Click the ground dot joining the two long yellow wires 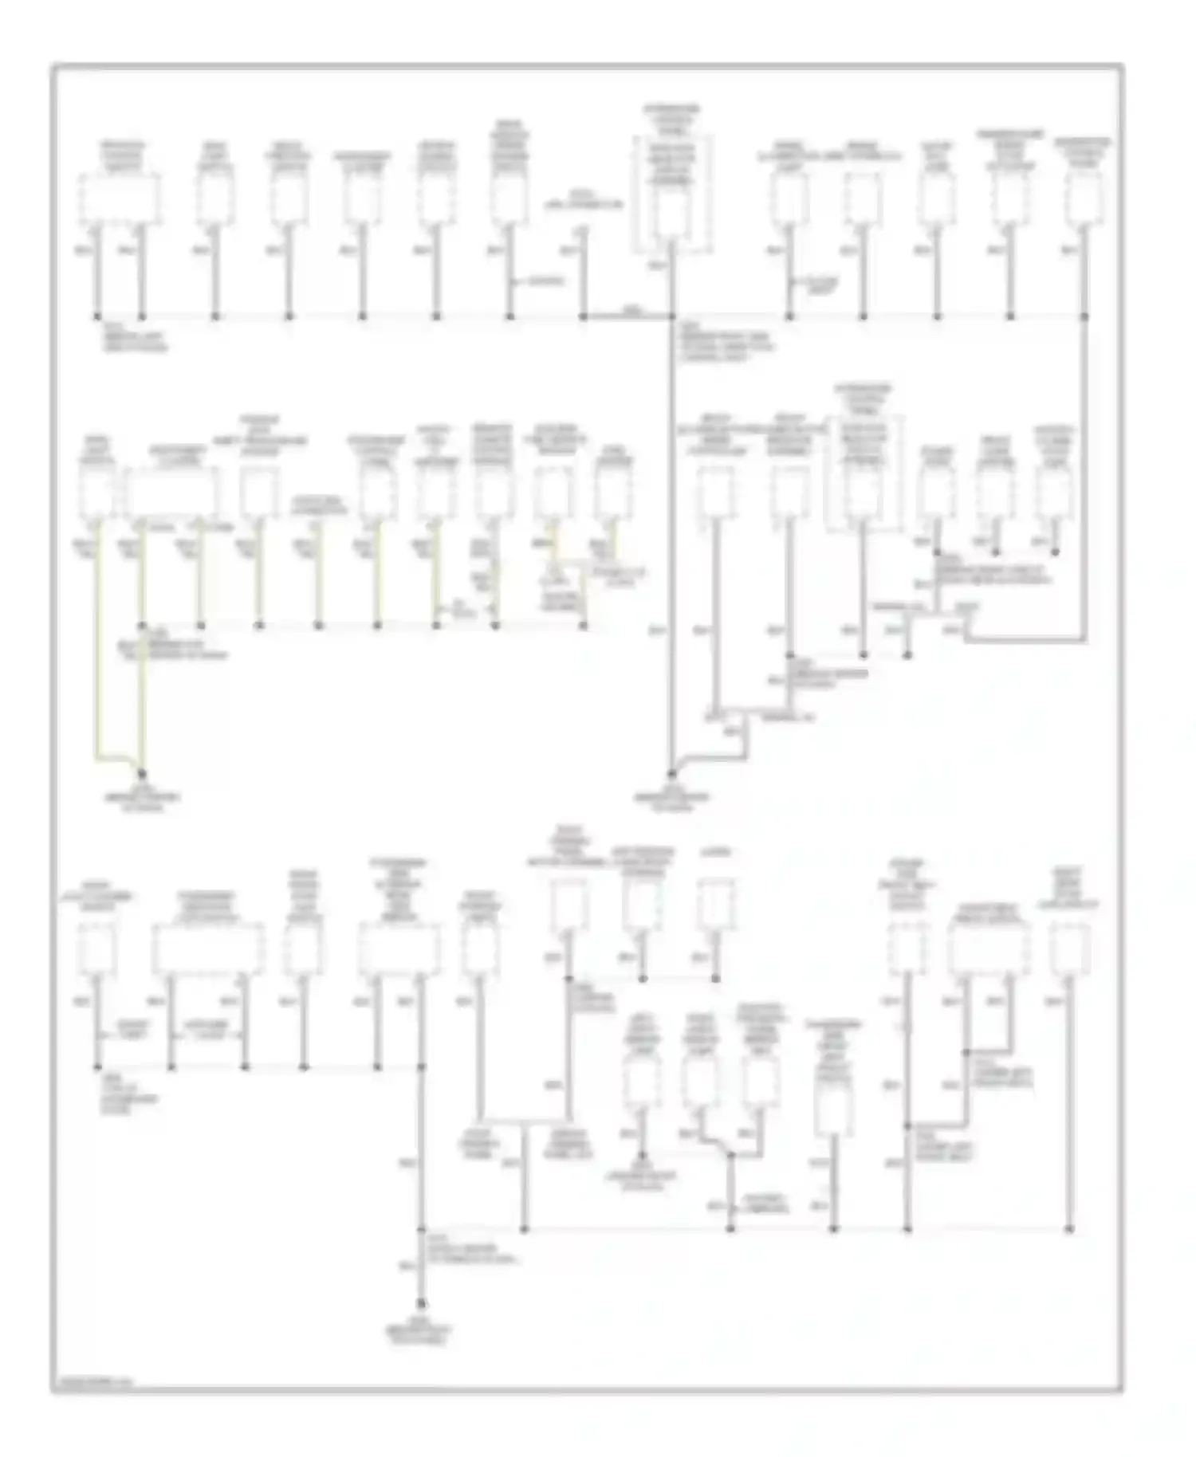point(143,773)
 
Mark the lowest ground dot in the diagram point(421,1305)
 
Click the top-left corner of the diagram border point(53,66)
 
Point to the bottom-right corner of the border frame point(1123,1392)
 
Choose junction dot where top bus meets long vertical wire point(671,317)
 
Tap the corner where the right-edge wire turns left point(1084,639)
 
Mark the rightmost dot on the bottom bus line point(1069,1229)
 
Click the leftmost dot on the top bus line point(98,317)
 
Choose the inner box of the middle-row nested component point(863,493)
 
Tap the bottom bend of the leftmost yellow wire point(100,753)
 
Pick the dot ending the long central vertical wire point(671,773)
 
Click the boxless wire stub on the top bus point(583,271)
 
